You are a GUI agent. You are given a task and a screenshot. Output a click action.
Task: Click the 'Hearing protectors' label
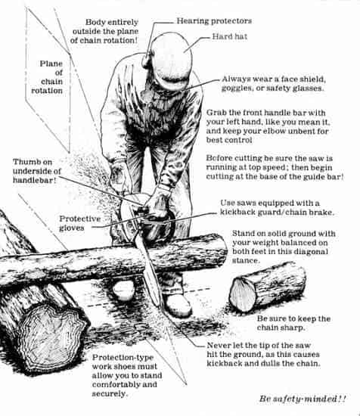(x=215, y=20)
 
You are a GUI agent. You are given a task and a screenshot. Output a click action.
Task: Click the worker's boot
(x=178, y=304)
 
